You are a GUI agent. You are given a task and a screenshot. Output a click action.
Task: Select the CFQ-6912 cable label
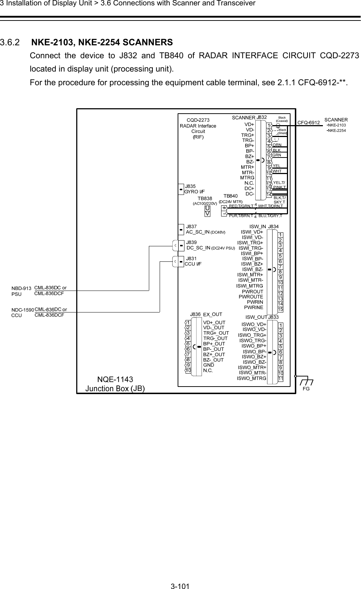point(309,122)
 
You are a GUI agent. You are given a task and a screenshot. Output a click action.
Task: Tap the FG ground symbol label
point(306,389)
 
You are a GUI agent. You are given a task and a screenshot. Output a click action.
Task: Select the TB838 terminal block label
point(205,198)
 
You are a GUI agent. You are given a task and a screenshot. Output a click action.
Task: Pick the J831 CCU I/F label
point(193,261)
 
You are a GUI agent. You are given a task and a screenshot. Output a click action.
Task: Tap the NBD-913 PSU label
point(22,291)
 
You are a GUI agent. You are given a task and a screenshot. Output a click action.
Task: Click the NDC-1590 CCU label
point(22,312)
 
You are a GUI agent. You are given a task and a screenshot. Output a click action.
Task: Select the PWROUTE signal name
point(251,297)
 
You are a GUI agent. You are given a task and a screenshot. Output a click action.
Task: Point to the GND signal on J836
point(209,365)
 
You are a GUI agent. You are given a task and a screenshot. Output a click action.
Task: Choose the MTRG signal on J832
point(247,178)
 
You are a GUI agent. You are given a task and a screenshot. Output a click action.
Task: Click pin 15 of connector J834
point(280,310)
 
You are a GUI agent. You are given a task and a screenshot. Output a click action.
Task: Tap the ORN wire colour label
point(277,145)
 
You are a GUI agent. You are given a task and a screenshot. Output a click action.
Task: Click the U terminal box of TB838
point(207,208)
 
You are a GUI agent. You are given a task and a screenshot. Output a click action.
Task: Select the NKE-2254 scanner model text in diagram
point(337,130)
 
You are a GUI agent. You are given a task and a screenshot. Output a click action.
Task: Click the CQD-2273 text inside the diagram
point(198,120)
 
